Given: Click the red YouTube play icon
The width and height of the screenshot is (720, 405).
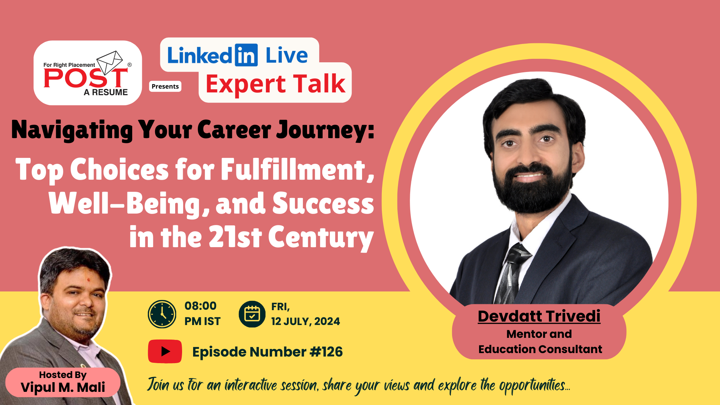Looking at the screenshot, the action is tap(165, 351).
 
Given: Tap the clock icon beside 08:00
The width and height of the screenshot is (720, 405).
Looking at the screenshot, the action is tap(162, 314).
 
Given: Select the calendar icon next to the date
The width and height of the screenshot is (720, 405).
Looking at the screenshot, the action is tap(252, 314).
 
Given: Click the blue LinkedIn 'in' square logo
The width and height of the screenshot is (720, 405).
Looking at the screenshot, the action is tap(246, 55).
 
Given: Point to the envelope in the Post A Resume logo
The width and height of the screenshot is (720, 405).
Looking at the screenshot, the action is tap(110, 62).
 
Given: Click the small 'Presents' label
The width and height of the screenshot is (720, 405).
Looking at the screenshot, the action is tap(165, 86).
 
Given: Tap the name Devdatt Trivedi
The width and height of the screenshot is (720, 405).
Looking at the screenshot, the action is tap(539, 316).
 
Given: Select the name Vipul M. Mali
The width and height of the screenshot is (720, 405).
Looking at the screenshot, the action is tap(63, 387).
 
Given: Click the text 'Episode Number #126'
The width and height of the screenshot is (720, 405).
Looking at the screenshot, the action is tap(268, 352).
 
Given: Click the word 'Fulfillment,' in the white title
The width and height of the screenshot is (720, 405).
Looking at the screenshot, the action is tap(298, 169).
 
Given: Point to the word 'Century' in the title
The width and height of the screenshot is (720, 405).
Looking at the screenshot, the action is tap(321, 237).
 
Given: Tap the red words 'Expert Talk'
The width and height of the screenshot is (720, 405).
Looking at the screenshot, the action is tap(276, 84).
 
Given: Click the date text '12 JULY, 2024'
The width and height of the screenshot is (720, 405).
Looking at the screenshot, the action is tap(306, 321).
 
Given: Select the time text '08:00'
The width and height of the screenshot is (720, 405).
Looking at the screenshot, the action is tap(200, 306).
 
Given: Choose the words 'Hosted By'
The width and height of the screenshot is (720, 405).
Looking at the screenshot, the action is tap(63, 375).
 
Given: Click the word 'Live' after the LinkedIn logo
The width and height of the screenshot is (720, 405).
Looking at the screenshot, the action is tap(287, 55).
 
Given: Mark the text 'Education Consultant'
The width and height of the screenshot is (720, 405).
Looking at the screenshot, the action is tap(540, 349).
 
